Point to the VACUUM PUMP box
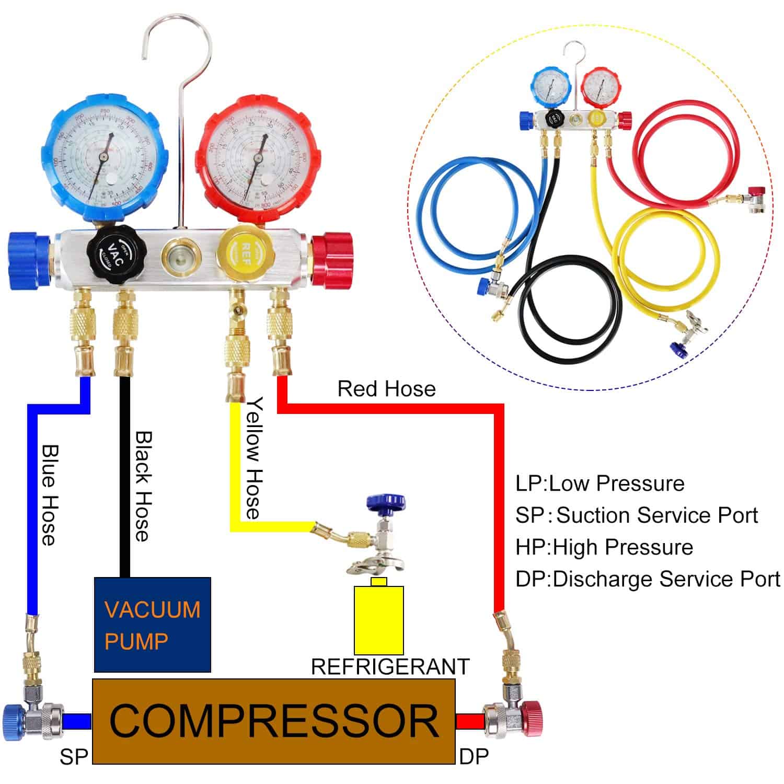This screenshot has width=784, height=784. [x=152, y=625]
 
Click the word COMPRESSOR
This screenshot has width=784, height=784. [x=273, y=721]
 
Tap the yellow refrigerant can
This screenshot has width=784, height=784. [x=379, y=619]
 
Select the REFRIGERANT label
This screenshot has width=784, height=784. [x=390, y=667]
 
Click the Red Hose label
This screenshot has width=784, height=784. [x=386, y=389]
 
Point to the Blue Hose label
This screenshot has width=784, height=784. [x=49, y=494]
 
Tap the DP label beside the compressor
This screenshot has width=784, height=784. [x=474, y=756]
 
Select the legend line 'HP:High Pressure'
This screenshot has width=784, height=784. [x=604, y=547]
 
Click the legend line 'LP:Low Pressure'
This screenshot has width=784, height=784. [x=599, y=483]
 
